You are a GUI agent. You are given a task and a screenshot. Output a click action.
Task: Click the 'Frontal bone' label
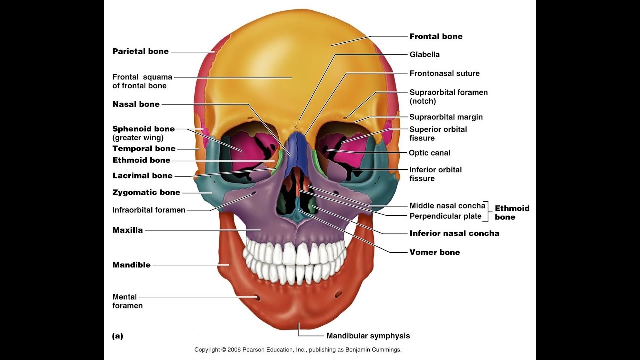click(436, 36)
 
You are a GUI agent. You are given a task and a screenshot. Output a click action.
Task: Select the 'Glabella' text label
click(424, 54)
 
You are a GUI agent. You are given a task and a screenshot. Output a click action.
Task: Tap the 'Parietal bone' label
click(140, 51)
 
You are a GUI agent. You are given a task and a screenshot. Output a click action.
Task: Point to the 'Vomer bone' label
click(435, 252)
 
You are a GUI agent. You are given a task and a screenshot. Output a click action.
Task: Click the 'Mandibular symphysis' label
click(368, 336)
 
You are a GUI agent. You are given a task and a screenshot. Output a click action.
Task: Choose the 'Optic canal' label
click(429, 153)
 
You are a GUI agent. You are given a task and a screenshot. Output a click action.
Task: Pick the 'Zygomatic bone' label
click(146, 192)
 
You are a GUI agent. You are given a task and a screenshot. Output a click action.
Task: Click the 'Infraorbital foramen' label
click(149, 210)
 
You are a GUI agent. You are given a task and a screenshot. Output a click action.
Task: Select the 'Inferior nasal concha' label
click(454, 233)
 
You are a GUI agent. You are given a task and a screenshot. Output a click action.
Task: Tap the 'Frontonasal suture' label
click(444, 73)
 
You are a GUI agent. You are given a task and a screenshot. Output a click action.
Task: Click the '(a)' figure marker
click(117, 336)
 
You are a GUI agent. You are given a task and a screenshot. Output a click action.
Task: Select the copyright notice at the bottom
click(298, 349)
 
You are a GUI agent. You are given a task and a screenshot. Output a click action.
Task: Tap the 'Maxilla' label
click(127, 230)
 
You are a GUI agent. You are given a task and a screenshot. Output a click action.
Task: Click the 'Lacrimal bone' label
click(142, 175)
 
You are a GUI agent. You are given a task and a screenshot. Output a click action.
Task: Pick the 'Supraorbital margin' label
click(446, 117)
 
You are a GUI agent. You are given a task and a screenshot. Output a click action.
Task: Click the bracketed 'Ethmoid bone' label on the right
click(512, 212)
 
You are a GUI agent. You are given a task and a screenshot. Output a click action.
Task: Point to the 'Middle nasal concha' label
click(447, 205)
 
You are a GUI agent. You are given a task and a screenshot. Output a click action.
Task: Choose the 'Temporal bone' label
click(144, 148)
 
